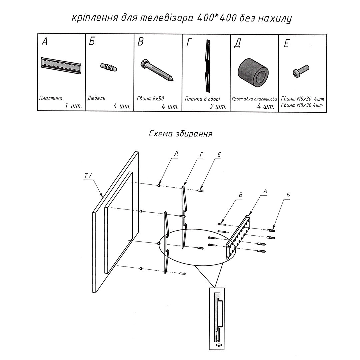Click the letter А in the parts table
pyautogui.click(x=45, y=42)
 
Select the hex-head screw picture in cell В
pyautogui.click(x=156, y=70)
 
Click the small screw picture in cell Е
pyautogui.click(x=301, y=71)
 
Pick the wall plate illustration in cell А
pyautogui.click(x=62, y=66)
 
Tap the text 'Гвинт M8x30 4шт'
pyautogui.click(x=302, y=105)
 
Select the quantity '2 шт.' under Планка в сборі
pyautogui.click(x=218, y=107)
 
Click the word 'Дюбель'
pyautogui.click(x=96, y=98)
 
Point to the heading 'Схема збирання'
pyautogui.click(x=181, y=134)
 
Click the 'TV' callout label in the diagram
pyautogui.click(x=88, y=176)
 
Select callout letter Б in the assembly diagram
pyautogui.click(x=288, y=195)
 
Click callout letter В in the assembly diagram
pyautogui.click(x=241, y=195)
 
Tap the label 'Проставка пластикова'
pyautogui.click(x=254, y=99)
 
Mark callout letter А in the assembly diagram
pyautogui.click(x=265, y=191)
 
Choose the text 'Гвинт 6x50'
pyautogui.click(x=150, y=98)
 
